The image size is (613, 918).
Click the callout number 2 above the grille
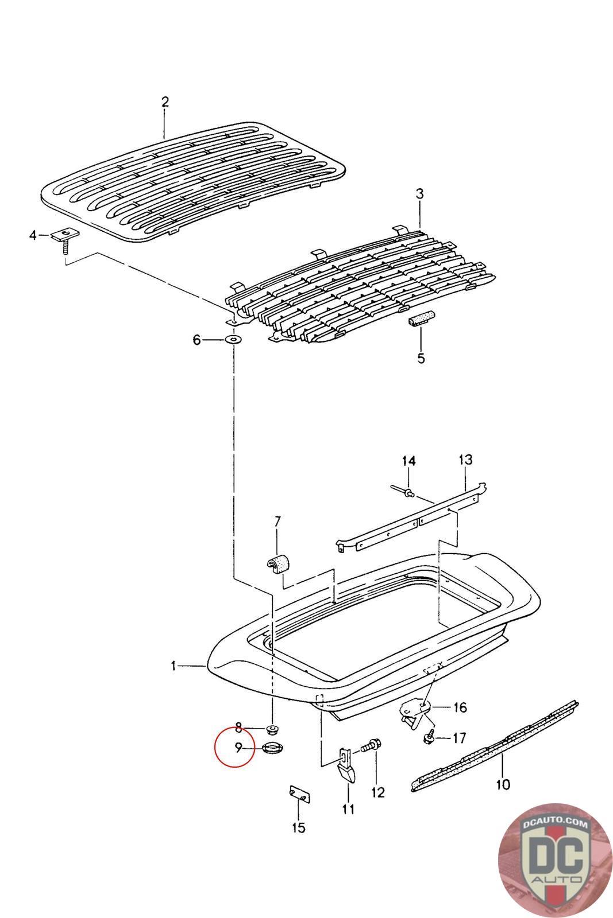pos(165,102)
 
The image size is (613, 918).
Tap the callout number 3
pos(420,194)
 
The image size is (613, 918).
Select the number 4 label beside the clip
pos(33,235)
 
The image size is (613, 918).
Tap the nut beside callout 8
pos(272,730)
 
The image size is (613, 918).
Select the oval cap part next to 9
pos(270,748)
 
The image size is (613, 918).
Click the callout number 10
pos(503,784)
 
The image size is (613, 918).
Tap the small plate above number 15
pos(299,796)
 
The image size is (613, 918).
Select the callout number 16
pos(460,707)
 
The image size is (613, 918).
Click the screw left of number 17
pos(429,737)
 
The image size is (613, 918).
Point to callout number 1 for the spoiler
pos(173,666)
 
